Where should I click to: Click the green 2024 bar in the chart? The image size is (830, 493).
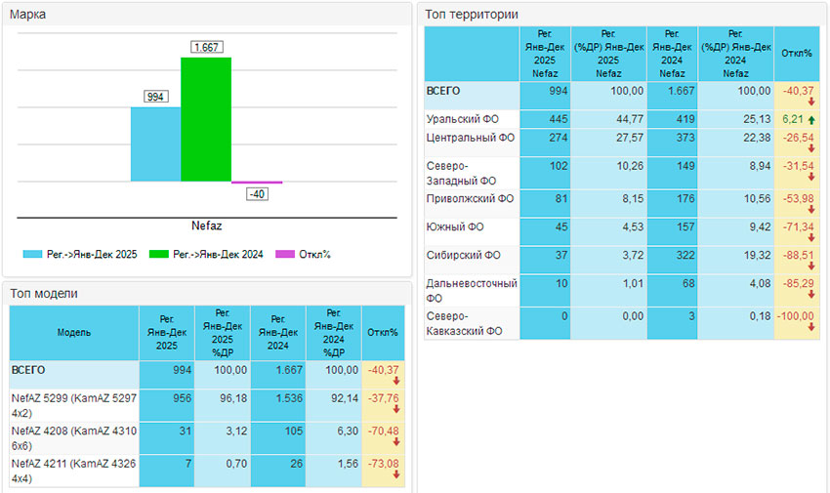click(x=206, y=119)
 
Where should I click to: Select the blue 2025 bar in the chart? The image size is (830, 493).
click(x=155, y=144)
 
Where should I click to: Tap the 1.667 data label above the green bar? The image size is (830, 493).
click(x=206, y=47)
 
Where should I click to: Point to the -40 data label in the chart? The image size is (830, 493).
click(x=257, y=194)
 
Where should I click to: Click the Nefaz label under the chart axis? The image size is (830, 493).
click(x=206, y=226)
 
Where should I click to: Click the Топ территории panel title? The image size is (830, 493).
click(x=472, y=15)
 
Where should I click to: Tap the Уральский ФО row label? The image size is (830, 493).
click(x=463, y=119)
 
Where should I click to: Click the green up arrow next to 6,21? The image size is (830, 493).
click(x=811, y=119)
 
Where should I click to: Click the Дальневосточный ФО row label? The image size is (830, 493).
click(x=471, y=290)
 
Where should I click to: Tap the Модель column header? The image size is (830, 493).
click(x=73, y=332)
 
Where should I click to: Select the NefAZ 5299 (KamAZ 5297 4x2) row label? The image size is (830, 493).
click(x=73, y=404)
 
